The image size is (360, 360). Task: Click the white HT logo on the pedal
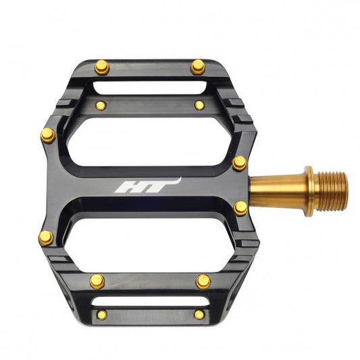click(147, 186)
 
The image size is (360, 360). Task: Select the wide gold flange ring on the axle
click(309, 191)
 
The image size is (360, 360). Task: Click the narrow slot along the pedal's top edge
click(149, 87)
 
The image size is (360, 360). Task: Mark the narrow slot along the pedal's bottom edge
click(149, 298)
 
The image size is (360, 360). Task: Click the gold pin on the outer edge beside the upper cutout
click(48, 135)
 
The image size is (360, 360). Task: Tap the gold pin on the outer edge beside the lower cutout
click(46, 238)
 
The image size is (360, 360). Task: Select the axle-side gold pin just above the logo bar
click(239, 163)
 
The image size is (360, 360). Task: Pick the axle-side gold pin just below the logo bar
click(240, 208)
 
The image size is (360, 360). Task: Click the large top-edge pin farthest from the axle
click(102, 67)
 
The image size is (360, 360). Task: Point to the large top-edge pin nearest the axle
click(197, 67)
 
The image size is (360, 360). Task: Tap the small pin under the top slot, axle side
click(199, 105)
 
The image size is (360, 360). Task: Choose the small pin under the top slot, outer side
click(101, 105)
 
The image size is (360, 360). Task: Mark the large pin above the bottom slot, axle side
click(203, 281)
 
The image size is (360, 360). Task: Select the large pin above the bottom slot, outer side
click(97, 281)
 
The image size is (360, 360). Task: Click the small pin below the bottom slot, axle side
click(199, 315)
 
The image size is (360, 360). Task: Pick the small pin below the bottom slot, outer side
click(101, 315)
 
